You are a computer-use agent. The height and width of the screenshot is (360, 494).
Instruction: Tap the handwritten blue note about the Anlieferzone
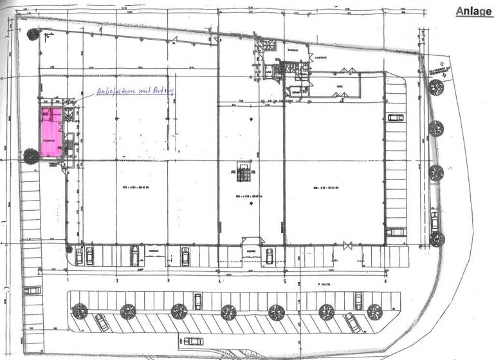click(135, 91)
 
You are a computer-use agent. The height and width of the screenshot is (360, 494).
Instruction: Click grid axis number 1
click(68, 281)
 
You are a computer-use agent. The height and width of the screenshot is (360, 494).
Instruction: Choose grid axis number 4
click(219, 281)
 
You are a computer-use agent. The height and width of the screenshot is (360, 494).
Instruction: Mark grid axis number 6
click(385, 281)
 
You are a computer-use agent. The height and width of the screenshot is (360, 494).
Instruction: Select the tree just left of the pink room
click(30, 156)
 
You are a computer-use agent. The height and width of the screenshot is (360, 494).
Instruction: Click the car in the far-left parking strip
click(32, 291)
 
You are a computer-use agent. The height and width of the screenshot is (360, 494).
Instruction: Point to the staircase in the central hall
click(242, 173)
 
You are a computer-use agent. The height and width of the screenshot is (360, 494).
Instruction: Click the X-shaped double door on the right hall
click(348, 244)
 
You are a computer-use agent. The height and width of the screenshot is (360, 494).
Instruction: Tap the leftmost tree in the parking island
click(80, 311)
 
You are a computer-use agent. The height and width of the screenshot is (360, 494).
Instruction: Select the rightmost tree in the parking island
click(374, 311)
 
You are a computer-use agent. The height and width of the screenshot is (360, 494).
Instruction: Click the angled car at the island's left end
click(101, 321)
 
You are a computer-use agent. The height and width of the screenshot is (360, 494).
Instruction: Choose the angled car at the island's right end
click(352, 321)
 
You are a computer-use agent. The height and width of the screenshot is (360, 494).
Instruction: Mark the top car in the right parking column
click(395, 118)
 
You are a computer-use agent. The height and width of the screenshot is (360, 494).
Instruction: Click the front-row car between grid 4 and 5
click(269, 256)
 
